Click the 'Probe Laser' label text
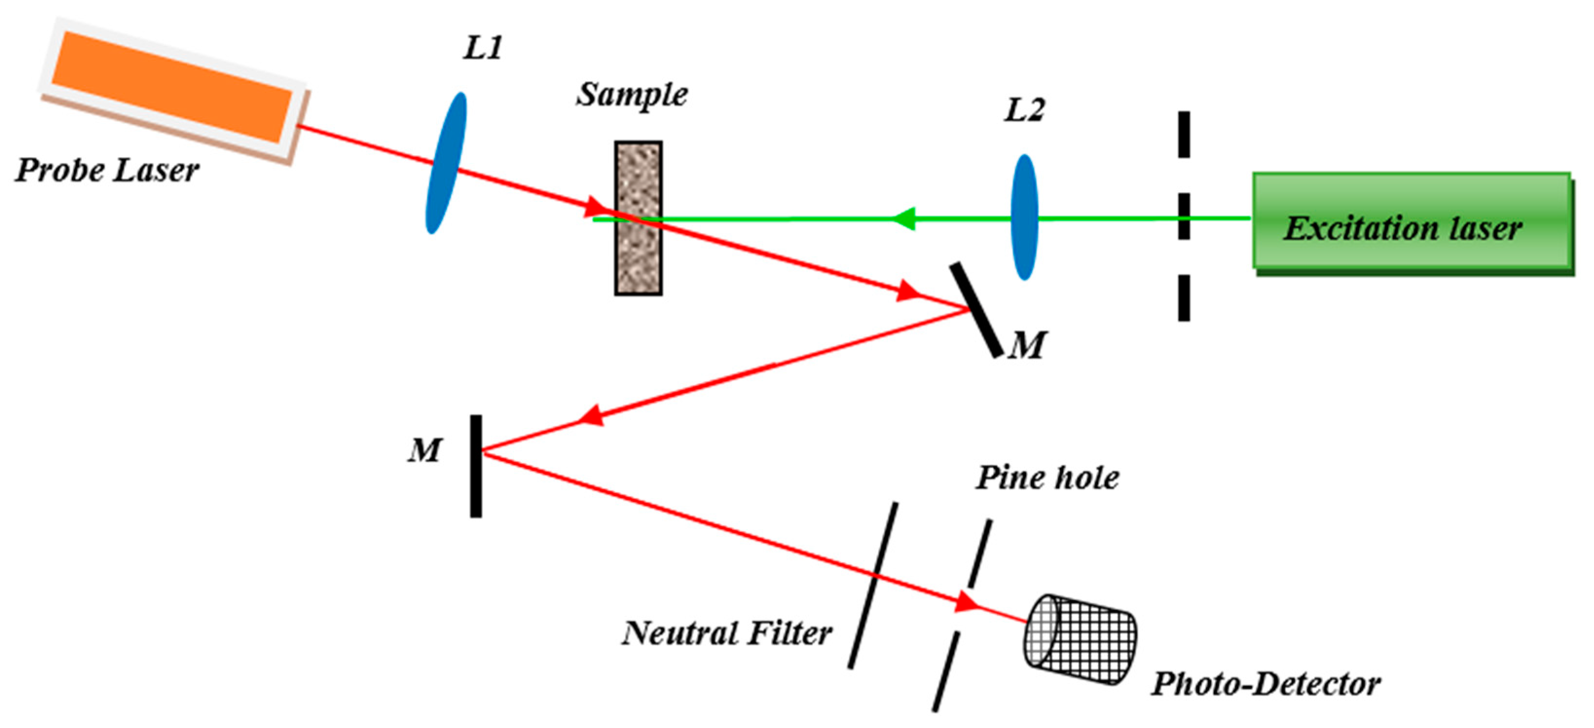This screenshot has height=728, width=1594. [x=107, y=170]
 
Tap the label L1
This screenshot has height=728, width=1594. [x=483, y=48]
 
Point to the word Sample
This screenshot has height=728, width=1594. [x=632, y=95]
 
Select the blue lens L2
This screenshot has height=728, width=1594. [x=1024, y=217]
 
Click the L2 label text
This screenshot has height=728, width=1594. [x=1024, y=110]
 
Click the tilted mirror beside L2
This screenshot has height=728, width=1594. [x=976, y=310]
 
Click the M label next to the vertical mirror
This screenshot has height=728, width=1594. [x=424, y=450]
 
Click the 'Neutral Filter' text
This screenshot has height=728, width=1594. [x=727, y=633]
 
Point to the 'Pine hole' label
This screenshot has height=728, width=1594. [x=1047, y=478]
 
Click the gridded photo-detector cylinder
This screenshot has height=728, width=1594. [x=1080, y=639]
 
